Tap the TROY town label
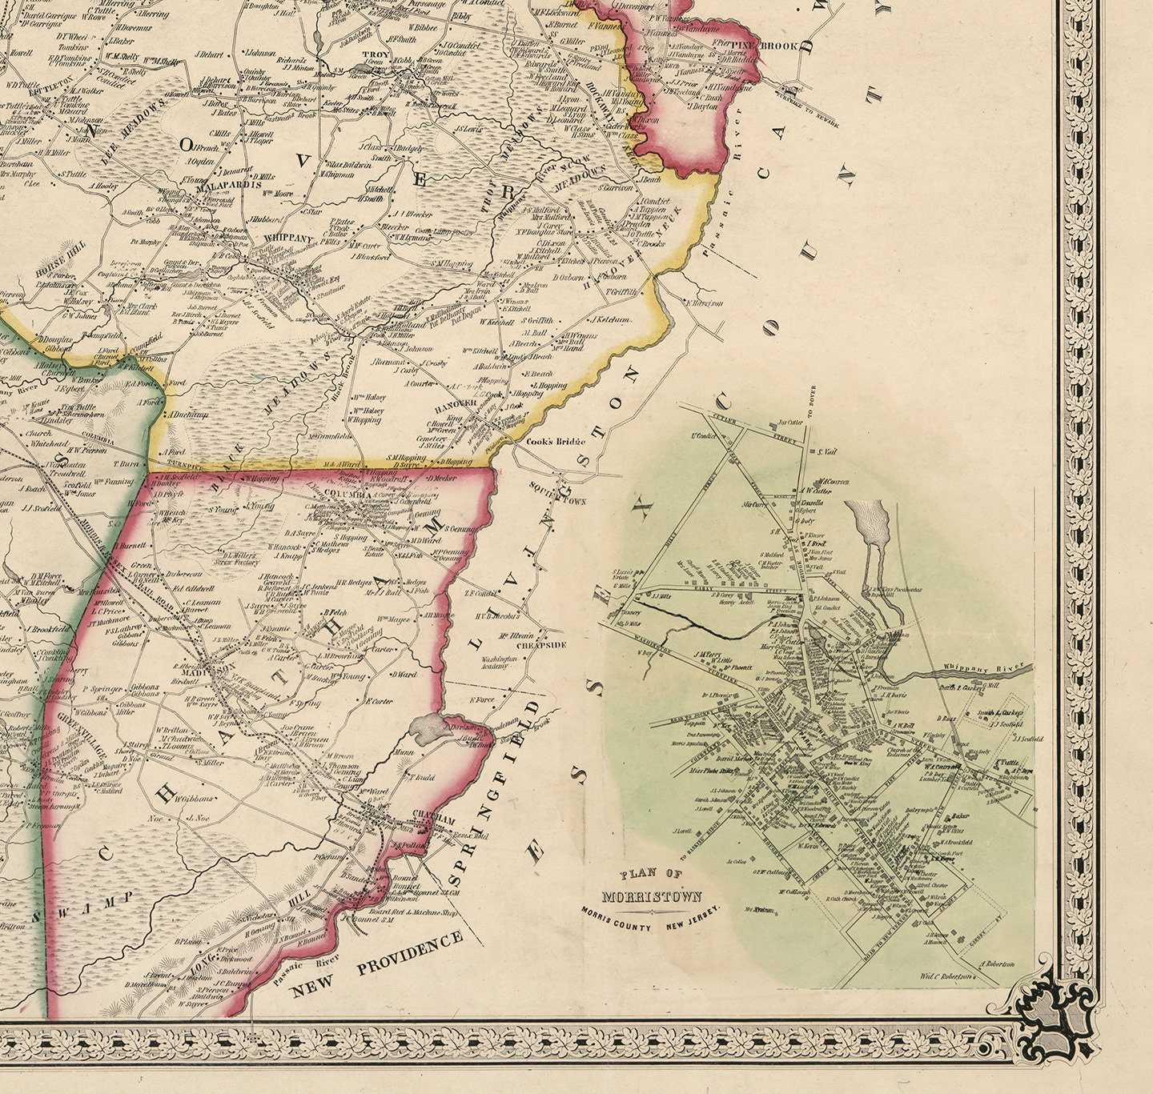pos(374,55)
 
